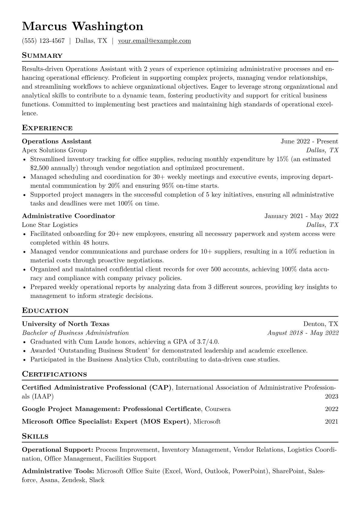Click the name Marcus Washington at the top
pos(83,26)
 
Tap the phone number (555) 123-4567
pos(43,41)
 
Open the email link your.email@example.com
pos(154,41)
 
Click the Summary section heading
pos(42,56)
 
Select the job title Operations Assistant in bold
pos(57,141)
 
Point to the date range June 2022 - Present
pos(309,141)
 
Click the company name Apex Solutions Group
pos(54,150)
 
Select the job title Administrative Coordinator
pos(68,216)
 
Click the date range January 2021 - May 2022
pos(301,216)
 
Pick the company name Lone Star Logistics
pos(50,225)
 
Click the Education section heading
pos(45,311)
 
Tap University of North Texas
pos(66,324)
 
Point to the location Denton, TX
pos(321,324)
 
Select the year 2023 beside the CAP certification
pos(332,396)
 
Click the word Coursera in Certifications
pos(218,409)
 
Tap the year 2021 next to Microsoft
pos(332,422)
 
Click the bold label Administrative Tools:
pos(58,471)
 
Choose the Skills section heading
pos(35,436)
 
